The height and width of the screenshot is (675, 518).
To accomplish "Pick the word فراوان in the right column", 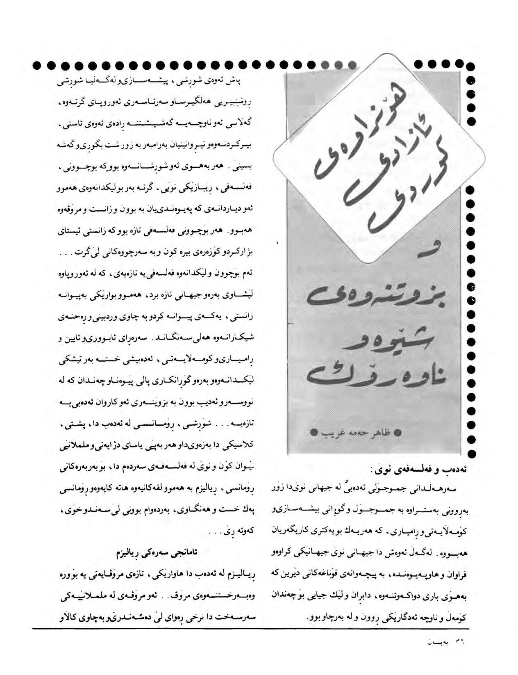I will click(458, 575).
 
